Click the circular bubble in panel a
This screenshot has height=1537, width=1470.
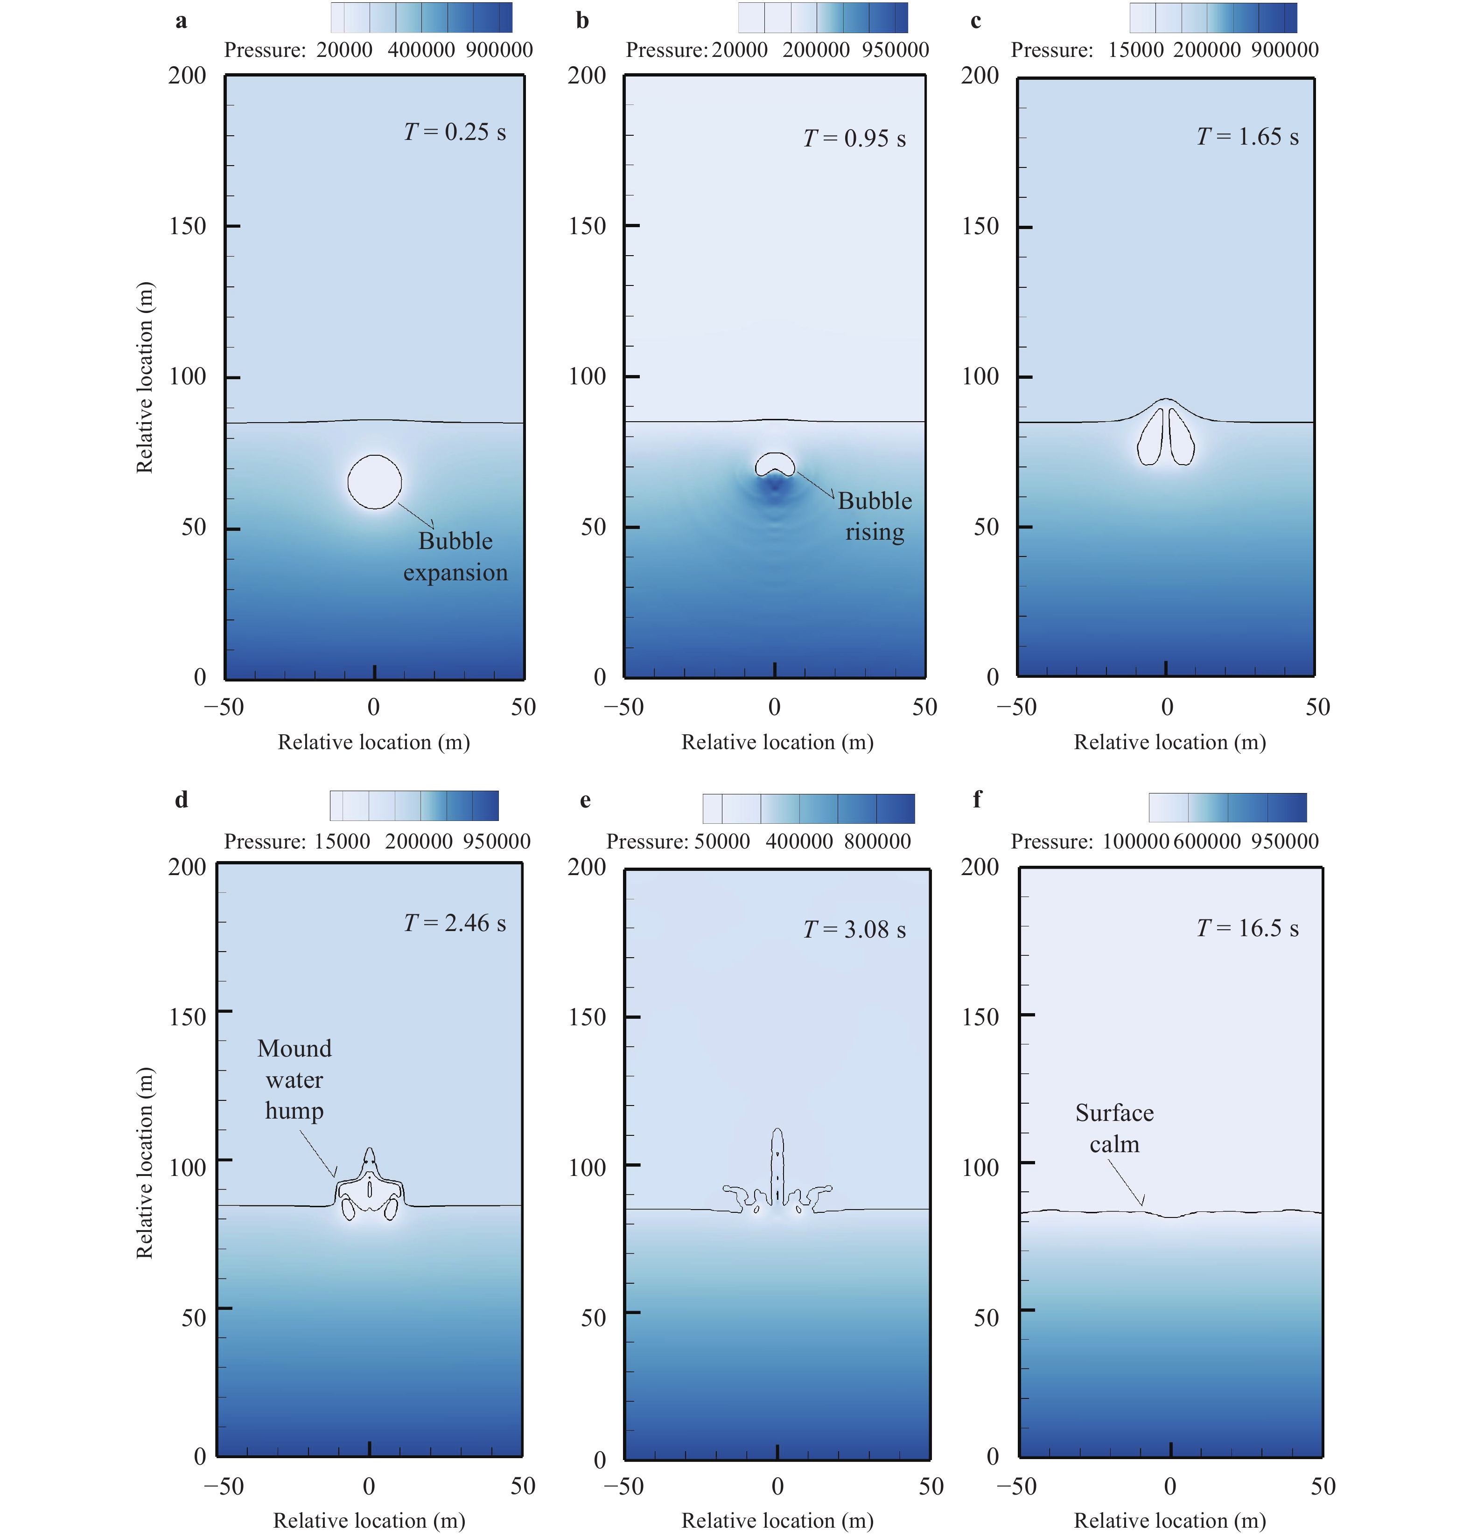[375, 482]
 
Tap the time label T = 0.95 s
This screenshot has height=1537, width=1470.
[854, 139]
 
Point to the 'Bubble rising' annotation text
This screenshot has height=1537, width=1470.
[875, 516]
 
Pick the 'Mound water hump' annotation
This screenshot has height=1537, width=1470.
[294, 1079]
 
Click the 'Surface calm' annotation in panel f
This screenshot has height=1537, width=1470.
[1114, 1128]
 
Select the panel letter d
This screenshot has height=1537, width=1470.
[181, 800]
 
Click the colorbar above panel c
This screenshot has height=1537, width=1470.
[1213, 17]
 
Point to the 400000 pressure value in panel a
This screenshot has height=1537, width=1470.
[421, 50]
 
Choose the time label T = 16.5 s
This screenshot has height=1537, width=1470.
[1247, 928]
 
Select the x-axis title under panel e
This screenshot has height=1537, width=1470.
[777, 1521]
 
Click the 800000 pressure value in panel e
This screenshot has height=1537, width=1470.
[878, 842]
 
